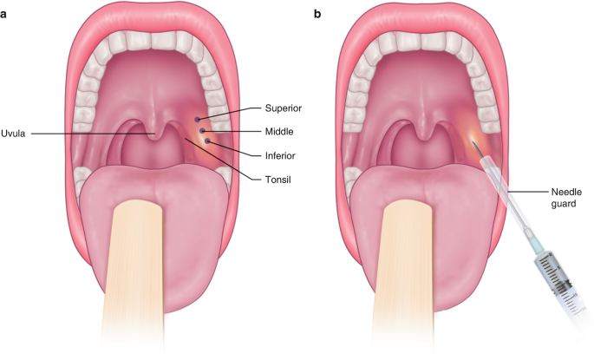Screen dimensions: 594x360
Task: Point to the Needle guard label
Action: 565,197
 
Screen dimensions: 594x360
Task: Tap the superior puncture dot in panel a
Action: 199,118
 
